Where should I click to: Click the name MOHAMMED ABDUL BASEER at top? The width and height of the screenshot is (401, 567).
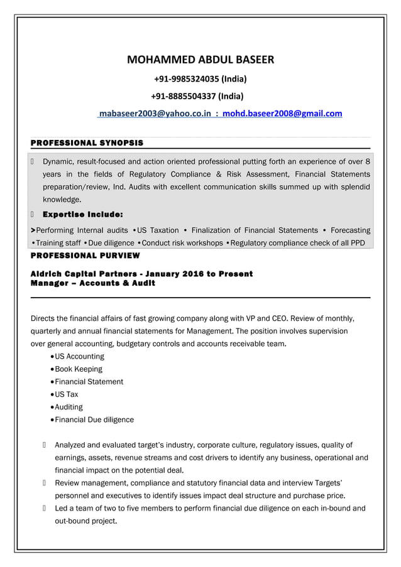click(x=200, y=61)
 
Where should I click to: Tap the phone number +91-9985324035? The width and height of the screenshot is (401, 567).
click(x=200, y=79)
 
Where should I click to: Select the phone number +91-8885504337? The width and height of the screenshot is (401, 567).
click(x=197, y=96)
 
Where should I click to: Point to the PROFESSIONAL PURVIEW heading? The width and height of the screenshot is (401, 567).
click(x=85, y=256)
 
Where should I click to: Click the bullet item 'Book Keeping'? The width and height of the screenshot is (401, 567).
click(x=79, y=369)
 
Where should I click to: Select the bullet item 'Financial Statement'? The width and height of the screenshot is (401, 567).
click(x=89, y=382)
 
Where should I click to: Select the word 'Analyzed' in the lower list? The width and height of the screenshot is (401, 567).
click(x=72, y=445)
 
